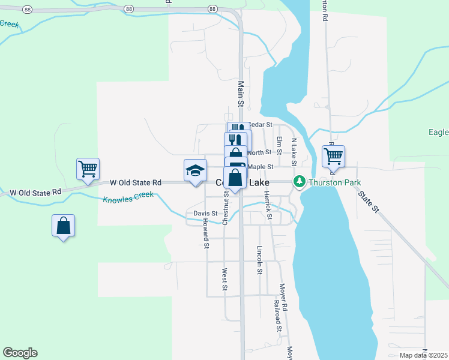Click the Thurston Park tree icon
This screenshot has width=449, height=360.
[298, 181]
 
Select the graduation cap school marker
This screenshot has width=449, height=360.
[194, 170]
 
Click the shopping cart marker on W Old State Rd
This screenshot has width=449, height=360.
[88, 169]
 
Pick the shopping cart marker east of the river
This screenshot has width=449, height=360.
[333, 156]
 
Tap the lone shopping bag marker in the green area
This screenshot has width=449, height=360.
[63, 226]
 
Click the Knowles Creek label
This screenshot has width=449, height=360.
[128, 197]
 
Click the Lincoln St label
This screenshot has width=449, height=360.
[260, 260]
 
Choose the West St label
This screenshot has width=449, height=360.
[224, 280]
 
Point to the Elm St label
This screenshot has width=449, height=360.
[279, 145]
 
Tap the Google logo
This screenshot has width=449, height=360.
[20, 353]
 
